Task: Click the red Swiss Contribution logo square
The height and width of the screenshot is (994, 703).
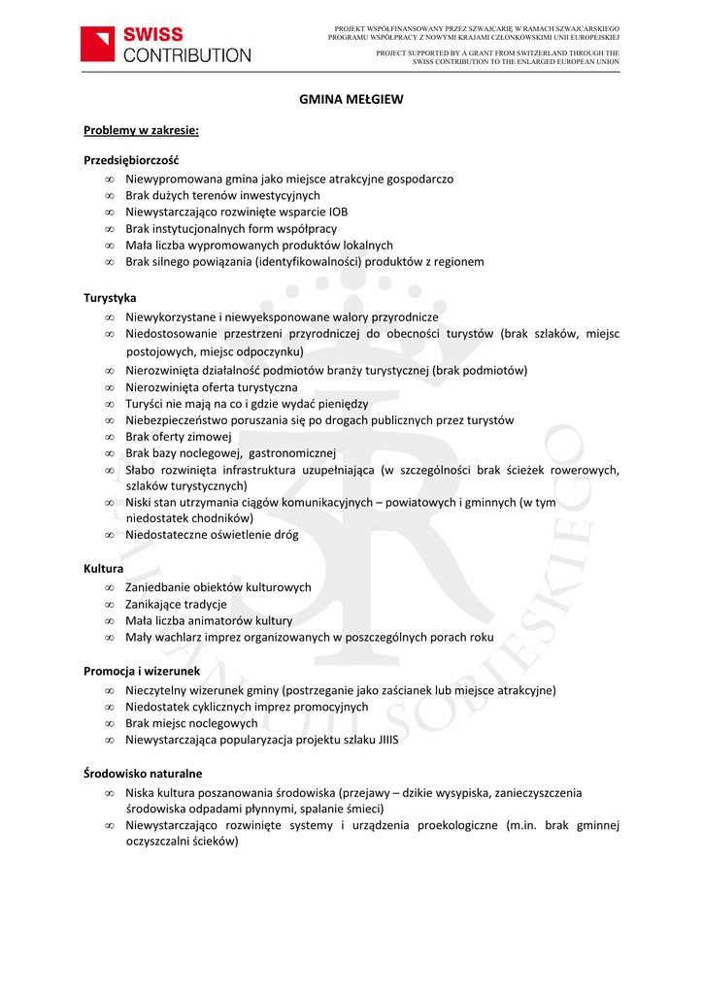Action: (x=98, y=45)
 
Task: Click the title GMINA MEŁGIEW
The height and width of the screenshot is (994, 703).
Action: (x=351, y=99)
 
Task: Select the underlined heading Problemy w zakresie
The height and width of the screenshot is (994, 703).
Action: (x=141, y=129)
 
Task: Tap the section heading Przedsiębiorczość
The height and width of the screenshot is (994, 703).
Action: (x=131, y=159)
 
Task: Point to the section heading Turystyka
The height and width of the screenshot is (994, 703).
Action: (x=110, y=297)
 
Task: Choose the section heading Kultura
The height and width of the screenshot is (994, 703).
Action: (x=103, y=568)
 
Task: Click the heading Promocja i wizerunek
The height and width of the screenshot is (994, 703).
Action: (x=142, y=671)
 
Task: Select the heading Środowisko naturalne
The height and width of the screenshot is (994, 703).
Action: (x=143, y=774)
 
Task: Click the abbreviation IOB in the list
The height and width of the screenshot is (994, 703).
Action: (x=338, y=212)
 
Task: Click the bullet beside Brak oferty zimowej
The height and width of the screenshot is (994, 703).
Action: (x=111, y=437)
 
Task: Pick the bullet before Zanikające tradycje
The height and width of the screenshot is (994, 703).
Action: (x=111, y=604)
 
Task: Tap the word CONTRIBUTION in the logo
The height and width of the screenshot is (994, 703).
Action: (x=186, y=55)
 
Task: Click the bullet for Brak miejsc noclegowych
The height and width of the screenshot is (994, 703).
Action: (x=111, y=723)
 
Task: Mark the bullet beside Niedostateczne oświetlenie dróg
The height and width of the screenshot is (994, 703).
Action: (x=111, y=535)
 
